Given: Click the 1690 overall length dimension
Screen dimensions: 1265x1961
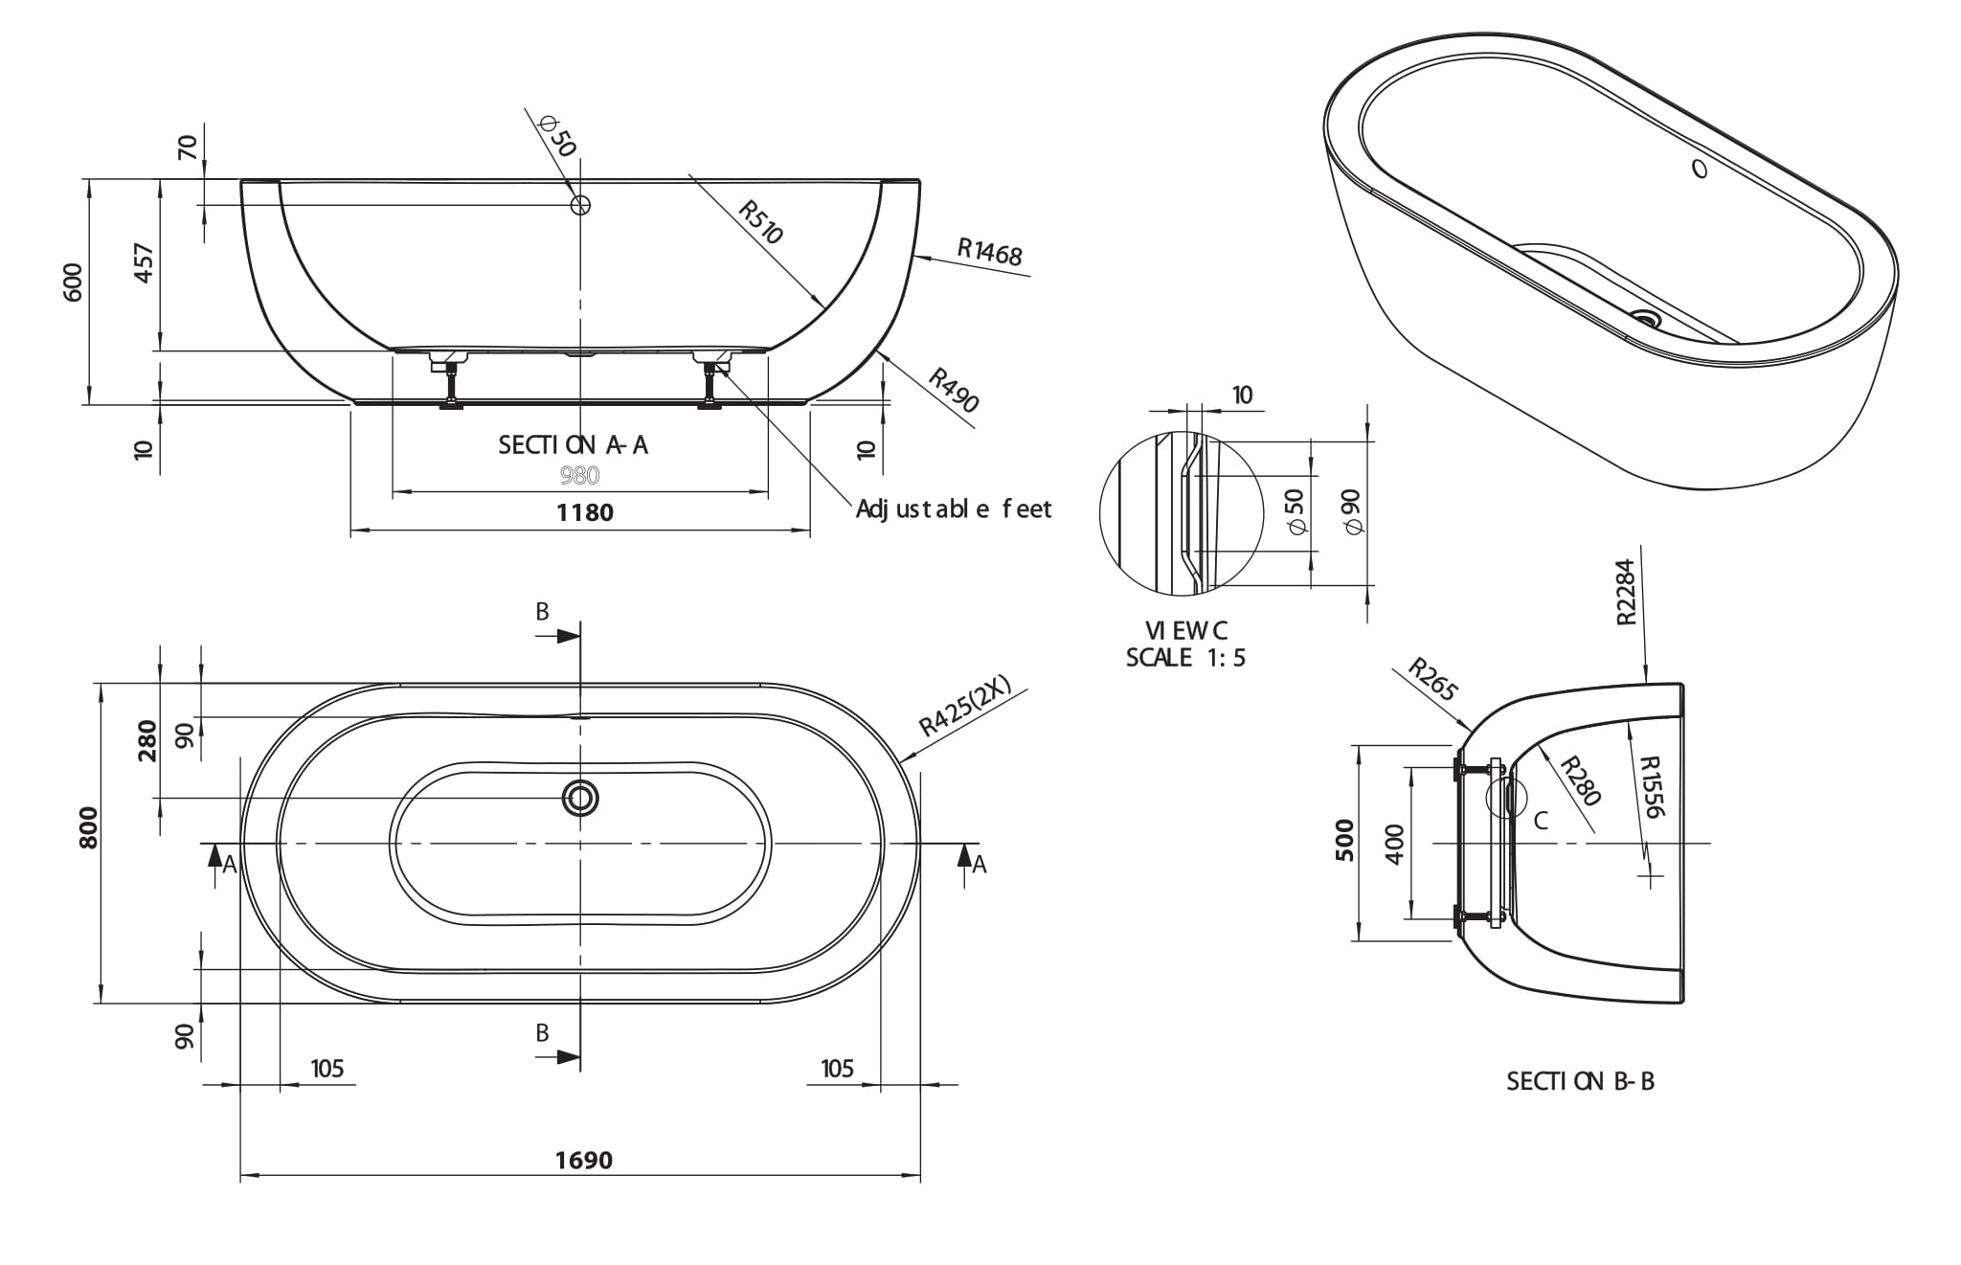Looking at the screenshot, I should [583, 1161].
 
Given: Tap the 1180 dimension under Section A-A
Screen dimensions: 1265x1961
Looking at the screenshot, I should [584, 513].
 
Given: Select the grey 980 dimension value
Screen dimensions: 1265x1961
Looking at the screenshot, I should [579, 475].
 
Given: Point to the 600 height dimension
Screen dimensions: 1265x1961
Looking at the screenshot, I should [74, 282].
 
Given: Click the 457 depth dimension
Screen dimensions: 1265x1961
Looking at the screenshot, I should [144, 263].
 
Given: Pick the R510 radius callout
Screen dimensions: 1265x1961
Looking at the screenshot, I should [761, 222].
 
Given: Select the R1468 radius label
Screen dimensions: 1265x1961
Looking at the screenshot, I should [990, 252].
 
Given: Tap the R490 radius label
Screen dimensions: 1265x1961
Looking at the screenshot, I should [954, 391].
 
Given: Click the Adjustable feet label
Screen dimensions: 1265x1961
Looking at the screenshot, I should [954, 509].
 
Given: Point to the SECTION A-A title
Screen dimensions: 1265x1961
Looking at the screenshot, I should [573, 445].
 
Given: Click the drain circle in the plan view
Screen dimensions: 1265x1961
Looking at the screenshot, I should [580, 798].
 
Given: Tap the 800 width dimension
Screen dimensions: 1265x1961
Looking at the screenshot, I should [88, 827].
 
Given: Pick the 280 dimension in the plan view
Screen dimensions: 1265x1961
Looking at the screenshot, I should [147, 740].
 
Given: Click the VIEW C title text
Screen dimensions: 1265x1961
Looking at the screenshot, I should [1185, 631].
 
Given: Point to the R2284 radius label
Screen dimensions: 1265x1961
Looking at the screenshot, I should [1626, 593].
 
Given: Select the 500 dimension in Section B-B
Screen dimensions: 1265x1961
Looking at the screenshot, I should [1345, 840].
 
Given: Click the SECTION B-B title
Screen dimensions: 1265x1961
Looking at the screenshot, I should [1580, 1081].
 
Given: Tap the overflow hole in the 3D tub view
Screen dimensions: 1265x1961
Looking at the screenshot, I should [1700, 169].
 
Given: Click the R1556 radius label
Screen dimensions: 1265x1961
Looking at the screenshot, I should [1651, 787].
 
